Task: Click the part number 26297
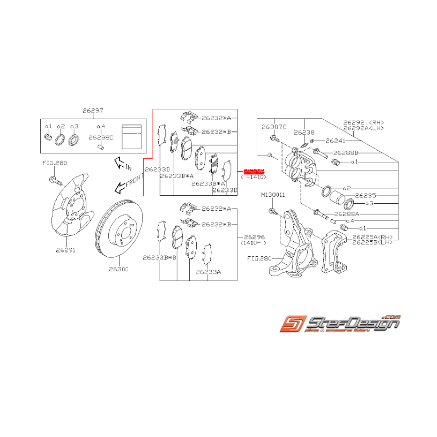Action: (x=93, y=111)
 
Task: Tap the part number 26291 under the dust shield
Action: (x=66, y=250)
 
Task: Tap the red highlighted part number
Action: (x=254, y=172)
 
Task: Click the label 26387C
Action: (x=274, y=127)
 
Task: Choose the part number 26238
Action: (x=304, y=133)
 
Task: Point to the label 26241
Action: (x=336, y=140)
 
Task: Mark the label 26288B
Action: (x=346, y=153)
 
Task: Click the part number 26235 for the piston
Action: (x=366, y=195)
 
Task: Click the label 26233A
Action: (x=208, y=272)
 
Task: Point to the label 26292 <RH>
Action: (x=362, y=122)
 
